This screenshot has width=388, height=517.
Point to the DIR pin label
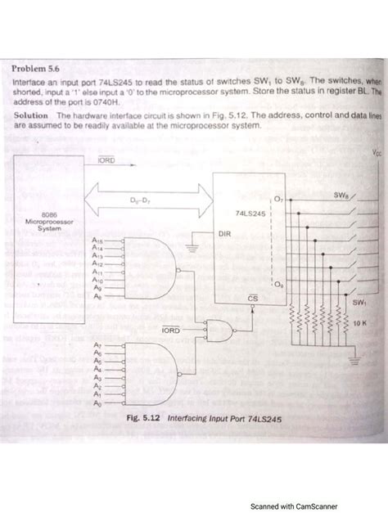[x=225, y=233]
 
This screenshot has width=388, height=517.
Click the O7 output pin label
[x=277, y=199]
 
